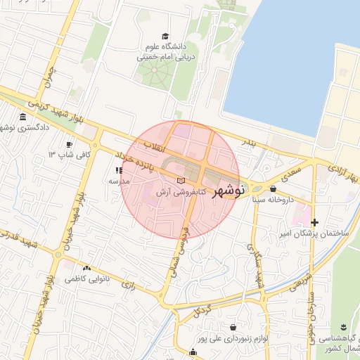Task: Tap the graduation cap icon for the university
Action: click(165, 36)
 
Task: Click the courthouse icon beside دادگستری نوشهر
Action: click(23, 117)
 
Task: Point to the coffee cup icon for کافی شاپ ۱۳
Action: click(69, 145)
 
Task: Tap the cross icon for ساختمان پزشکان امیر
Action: click(314, 222)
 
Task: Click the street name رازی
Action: click(129, 285)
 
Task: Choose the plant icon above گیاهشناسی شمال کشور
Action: click(343, 328)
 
